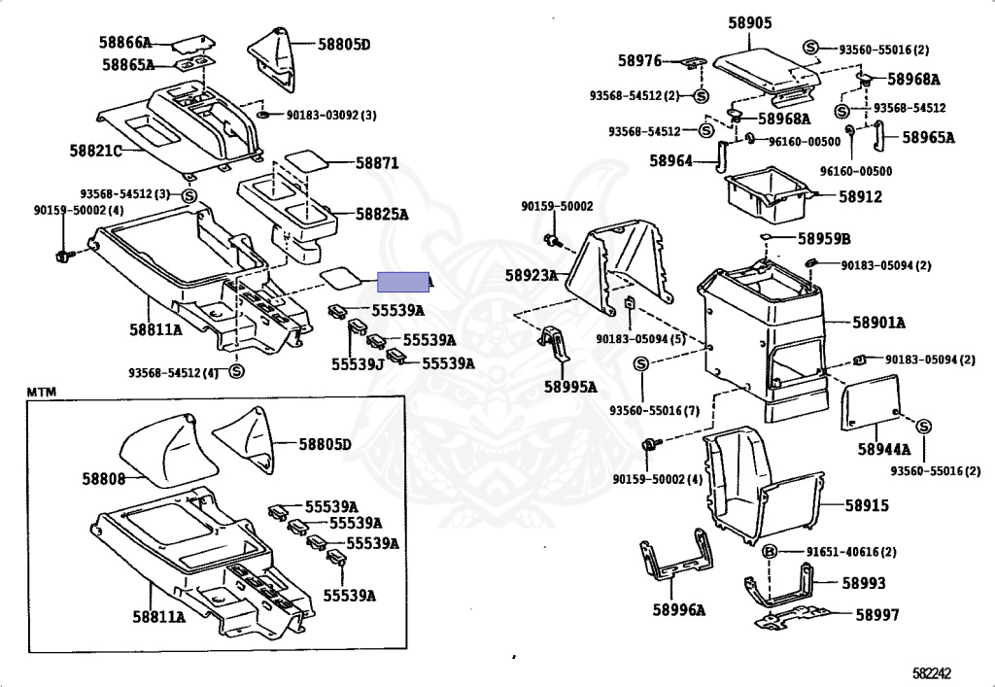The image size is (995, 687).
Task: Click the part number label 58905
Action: tap(750, 22)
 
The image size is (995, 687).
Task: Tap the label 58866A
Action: tap(125, 43)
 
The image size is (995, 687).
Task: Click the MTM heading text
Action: tap(42, 392)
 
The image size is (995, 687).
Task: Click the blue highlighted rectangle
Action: tap(403, 282)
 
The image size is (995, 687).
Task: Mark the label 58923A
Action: tap(532, 276)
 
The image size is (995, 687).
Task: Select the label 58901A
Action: tap(878, 323)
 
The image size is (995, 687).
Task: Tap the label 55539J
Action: tap(356, 363)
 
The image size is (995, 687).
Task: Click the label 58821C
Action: tap(95, 151)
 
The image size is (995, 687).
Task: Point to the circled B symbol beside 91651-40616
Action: tap(769, 552)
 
